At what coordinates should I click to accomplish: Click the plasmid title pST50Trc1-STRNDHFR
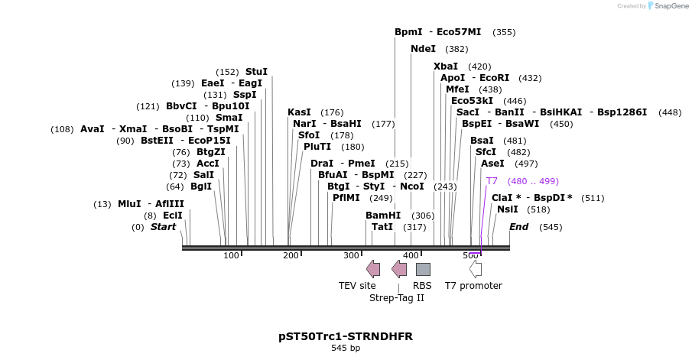point(346,336)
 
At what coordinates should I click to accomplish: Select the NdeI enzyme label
point(423,49)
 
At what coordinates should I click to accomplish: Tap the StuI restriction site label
point(256,72)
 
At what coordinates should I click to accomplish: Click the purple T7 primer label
point(492,181)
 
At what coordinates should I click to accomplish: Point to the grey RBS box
point(423,269)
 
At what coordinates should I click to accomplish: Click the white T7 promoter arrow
point(476,269)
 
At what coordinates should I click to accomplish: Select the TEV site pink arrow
point(373,269)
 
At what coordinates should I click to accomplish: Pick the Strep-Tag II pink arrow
point(399,269)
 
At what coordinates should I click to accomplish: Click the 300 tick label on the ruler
point(350,255)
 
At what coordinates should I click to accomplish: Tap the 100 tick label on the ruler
point(231,255)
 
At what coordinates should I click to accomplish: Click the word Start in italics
point(163,227)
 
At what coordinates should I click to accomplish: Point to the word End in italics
point(518,227)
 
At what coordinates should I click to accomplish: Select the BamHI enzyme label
point(383,216)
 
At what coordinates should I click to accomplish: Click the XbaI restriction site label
point(446,66)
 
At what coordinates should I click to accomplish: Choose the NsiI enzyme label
point(507,209)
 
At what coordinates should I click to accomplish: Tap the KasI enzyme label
point(299,112)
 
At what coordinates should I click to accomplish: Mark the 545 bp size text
point(346,349)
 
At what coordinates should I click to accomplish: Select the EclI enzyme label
point(173,216)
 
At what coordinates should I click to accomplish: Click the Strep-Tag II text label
point(397,298)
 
